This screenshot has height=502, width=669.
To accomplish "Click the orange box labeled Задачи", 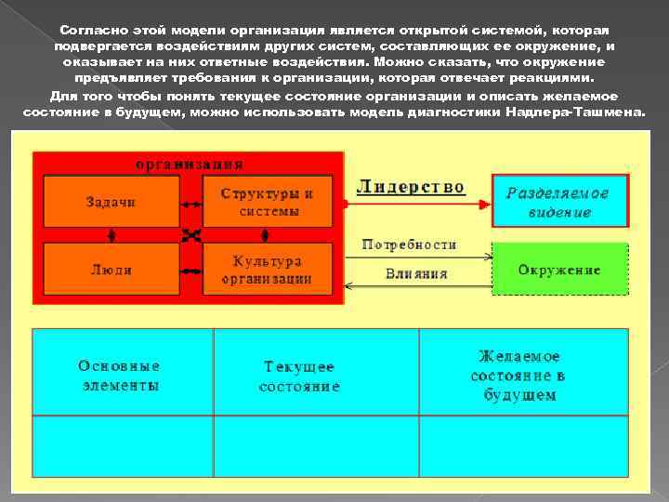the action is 111,201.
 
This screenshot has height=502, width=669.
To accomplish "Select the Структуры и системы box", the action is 269,201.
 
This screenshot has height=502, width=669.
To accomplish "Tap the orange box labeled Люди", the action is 111,270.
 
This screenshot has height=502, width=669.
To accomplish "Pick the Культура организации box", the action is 269,270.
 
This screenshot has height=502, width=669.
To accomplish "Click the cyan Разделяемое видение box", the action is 558,202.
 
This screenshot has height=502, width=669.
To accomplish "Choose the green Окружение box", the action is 558,270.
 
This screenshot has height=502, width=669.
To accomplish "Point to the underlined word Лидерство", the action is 410,187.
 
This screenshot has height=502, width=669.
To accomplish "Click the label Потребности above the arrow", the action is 409,244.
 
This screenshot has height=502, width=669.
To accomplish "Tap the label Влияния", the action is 417,273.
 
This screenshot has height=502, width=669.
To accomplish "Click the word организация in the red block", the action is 190,165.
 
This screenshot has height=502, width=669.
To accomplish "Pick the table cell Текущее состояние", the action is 299,376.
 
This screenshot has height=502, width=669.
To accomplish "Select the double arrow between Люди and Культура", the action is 190,270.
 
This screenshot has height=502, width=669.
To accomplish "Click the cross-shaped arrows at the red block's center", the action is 190,234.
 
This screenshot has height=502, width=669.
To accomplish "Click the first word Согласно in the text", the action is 87,29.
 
